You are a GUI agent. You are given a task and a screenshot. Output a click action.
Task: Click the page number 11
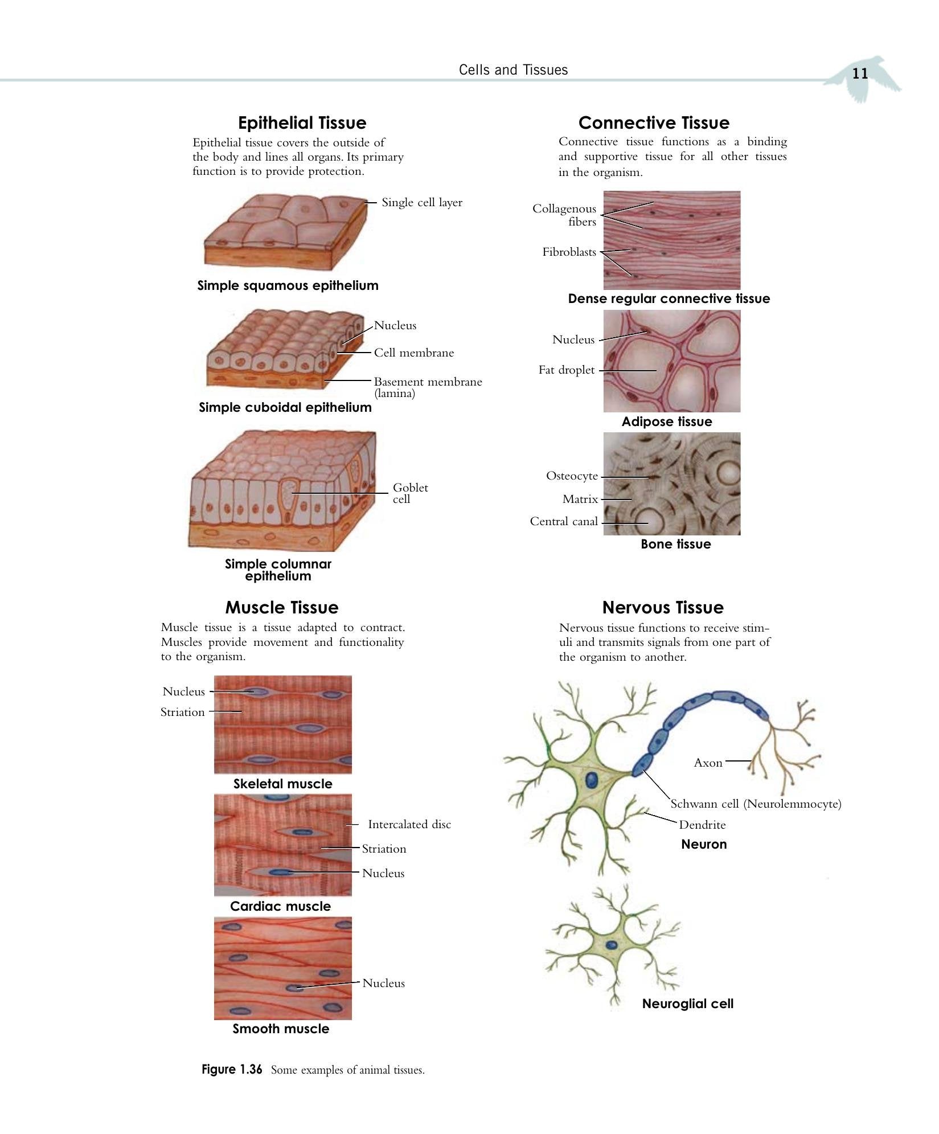pyautogui.click(x=860, y=73)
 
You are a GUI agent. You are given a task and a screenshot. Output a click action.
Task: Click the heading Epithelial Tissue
pyautogui.click(x=302, y=123)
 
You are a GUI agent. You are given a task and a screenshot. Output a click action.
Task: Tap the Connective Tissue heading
pyautogui.click(x=654, y=123)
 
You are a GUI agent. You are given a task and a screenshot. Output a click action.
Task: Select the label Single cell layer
pyautogui.click(x=422, y=202)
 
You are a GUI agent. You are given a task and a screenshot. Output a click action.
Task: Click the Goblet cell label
pyautogui.click(x=410, y=493)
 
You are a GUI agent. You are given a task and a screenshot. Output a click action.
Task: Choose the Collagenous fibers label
pyautogui.click(x=564, y=215)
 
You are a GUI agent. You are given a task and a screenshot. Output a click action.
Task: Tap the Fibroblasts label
pyautogui.click(x=569, y=252)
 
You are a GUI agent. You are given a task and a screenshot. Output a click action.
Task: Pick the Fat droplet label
pyautogui.click(x=567, y=370)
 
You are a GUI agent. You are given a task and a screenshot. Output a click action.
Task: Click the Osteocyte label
pyautogui.click(x=572, y=476)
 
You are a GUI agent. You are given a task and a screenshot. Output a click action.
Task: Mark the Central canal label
pyautogui.click(x=564, y=521)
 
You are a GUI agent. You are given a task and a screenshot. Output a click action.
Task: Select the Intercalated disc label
pyautogui.click(x=409, y=824)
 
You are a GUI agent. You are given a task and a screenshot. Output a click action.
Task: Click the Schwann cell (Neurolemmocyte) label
pyautogui.click(x=756, y=804)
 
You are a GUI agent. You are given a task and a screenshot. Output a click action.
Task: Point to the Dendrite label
pyautogui.click(x=702, y=825)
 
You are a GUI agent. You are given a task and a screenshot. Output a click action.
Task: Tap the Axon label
pyautogui.click(x=708, y=763)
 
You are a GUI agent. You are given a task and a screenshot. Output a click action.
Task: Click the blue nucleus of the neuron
pyautogui.click(x=592, y=780)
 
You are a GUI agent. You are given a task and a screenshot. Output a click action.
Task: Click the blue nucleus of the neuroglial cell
pyautogui.click(x=611, y=945)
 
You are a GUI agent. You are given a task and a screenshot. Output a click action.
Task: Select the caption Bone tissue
pyautogui.click(x=676, y=544)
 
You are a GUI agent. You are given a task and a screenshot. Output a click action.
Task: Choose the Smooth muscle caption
pyautogui.click(x=281, y=1029)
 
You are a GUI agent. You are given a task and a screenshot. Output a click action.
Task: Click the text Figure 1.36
pyautogui.click(x=232, y=1070)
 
